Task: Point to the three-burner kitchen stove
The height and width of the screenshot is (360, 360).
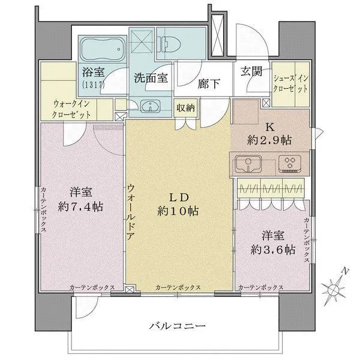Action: (292, 163)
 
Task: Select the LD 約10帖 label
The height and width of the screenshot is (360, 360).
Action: (178, 205)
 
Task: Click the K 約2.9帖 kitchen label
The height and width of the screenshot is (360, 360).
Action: (270, 134)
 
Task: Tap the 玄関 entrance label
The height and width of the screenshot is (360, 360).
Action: (251, 71)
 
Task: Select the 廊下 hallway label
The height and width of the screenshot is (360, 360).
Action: (209, 83)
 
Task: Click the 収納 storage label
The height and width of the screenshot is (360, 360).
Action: (185, 108)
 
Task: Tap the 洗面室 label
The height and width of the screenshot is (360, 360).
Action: (151, 77)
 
